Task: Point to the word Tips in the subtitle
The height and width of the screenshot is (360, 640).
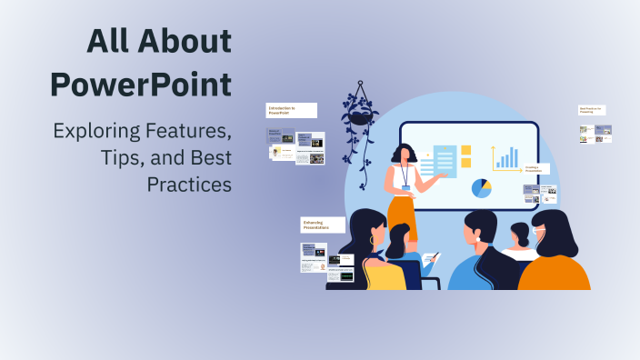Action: pos(120,157)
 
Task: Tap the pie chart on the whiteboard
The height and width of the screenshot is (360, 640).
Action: pos(481,188)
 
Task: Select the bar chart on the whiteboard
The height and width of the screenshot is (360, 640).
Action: pos(506,157)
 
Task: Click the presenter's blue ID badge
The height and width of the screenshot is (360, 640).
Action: pos(406,186)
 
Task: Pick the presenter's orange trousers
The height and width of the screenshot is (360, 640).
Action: pos(401,215)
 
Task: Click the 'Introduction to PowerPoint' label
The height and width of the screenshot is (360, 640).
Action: pos(291,110)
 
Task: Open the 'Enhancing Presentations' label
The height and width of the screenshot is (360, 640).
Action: pos(323,225)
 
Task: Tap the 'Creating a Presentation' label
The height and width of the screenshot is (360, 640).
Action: pos(536,169)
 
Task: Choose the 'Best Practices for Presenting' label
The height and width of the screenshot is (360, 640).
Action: pos(592,109)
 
